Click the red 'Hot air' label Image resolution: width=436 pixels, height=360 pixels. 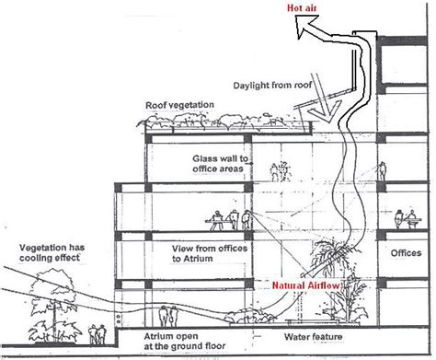coord(302,7)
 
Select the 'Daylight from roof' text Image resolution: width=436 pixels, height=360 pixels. coord(272,85)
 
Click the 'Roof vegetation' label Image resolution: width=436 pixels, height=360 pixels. coord(179,105)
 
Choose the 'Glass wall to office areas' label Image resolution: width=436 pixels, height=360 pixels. coord(220,164)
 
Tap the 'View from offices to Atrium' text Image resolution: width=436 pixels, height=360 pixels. coord(210,253)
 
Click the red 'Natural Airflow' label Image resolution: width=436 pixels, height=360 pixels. coord(306,285)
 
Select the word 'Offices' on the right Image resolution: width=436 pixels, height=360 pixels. coord(406,253)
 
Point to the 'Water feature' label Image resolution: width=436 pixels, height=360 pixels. coord(313,337)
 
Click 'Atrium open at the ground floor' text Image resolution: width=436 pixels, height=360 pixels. coord(185,342)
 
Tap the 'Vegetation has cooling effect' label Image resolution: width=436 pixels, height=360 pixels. coord(52,252)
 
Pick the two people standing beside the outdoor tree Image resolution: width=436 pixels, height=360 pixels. coord(98,334)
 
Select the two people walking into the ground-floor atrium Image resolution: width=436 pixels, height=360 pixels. coord(168,316)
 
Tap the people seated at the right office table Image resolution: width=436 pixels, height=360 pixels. coord(407,218)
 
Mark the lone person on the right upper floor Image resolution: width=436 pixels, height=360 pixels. coord(382,171)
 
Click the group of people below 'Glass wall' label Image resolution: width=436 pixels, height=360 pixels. coord(281,171)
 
